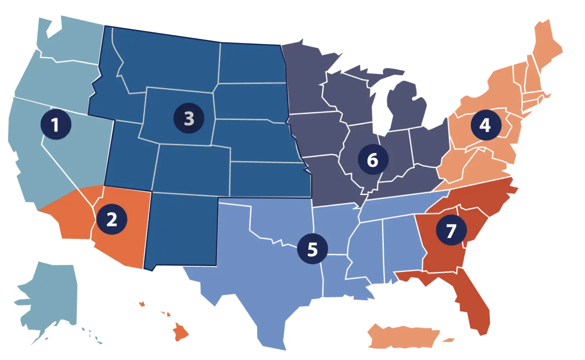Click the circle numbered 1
[x=56, y=124]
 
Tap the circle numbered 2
[x=112, y=219]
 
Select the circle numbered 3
[x=189, y=118]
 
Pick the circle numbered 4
[x=485, y=125]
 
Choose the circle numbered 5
[x=312, y=249]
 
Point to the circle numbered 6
[x=373, y=159]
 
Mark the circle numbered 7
[x=451, y=230]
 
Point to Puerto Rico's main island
[x=404, y=336]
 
